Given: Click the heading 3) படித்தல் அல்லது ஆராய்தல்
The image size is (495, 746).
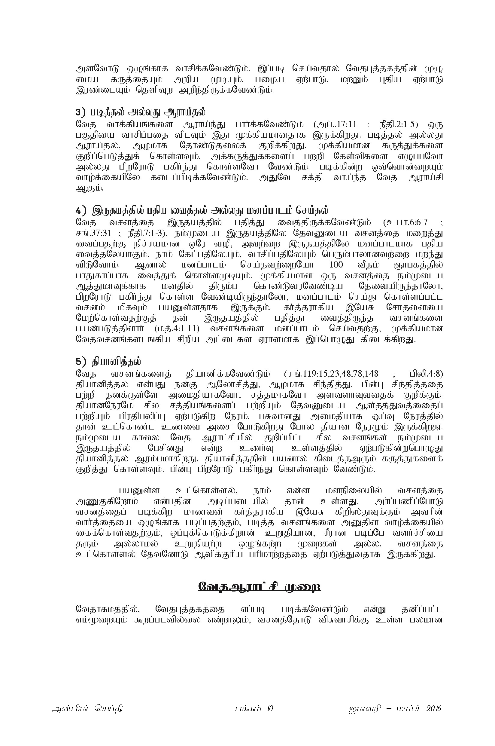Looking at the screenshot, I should click(141, 112).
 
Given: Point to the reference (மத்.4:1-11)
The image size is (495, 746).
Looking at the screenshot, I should click(177, 329).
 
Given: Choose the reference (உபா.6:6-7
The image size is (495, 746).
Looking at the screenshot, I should click(406, 222).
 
